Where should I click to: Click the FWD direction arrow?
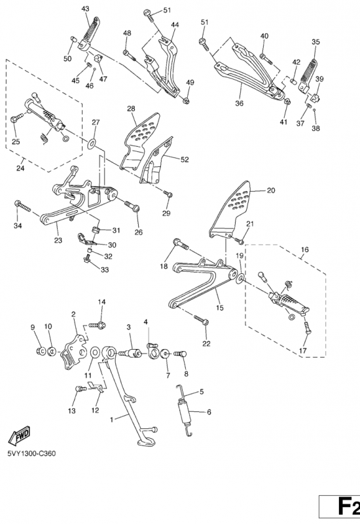coord(20,436)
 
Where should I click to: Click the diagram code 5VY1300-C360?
coord(31,453)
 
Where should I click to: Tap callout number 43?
coord(86,9)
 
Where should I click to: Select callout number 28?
coord(132,109)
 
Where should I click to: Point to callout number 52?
coord(185,160)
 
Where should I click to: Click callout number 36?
coord(240,103)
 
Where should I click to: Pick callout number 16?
coord(305,250)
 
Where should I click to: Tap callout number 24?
coord(20,168)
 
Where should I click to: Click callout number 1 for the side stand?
coord(111,419)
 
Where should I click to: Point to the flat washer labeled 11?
coord(95,352)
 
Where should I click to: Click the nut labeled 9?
coord(41,351)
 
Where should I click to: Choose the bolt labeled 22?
coord(201,319)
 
